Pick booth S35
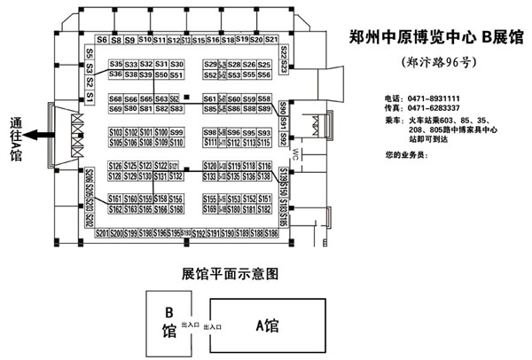[116, 65]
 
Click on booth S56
[264, 75]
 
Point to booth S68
[116, 98]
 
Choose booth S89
[264, 109]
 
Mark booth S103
[116, 132]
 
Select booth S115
[264, 142]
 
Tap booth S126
[116, 166]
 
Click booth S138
[235, 176]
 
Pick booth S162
[116, 209]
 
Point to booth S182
[250, 209]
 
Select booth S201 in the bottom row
[102, 233]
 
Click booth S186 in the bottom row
[271, 233]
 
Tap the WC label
[293, 156]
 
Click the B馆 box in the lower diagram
[168, 324]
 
